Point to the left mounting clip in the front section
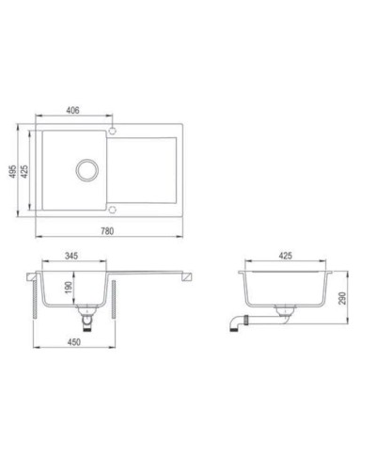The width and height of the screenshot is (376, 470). (x=39, y=299)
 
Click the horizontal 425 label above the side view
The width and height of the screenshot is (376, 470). (x=288, y=255)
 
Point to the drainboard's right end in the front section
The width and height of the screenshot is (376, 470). (x=190, y=275)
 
